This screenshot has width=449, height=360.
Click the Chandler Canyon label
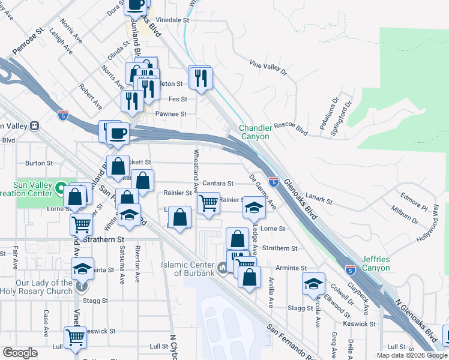click(x=256, y=132)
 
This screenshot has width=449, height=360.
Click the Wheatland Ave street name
click(x=195, y=165)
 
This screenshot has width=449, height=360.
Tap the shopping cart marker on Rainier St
click(x=208, y=202)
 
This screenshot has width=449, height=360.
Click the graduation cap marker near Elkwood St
click(x=313, y=283)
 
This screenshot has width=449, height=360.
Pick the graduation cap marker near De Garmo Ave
click(x=253, y=208)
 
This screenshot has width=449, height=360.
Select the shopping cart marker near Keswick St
click(x=75, y=337)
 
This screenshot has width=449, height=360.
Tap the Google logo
click(x=20, y=353)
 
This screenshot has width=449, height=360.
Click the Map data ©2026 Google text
click(x=412, y=355)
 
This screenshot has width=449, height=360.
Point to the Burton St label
click(x=36, y=163)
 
